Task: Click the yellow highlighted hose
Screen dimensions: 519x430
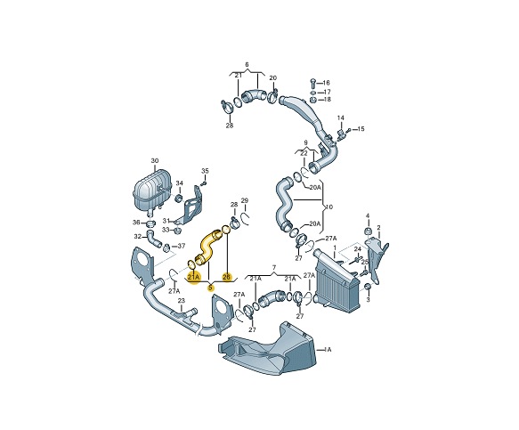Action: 207,247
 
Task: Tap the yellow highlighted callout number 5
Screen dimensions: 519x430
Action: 210,288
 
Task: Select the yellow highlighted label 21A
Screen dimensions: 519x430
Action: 193,277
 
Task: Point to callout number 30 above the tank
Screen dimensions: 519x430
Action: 155,161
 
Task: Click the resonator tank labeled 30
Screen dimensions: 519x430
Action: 151,190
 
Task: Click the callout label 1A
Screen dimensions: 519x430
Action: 328,349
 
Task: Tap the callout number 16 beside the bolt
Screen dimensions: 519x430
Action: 326,83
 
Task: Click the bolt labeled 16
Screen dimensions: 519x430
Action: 312,83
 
